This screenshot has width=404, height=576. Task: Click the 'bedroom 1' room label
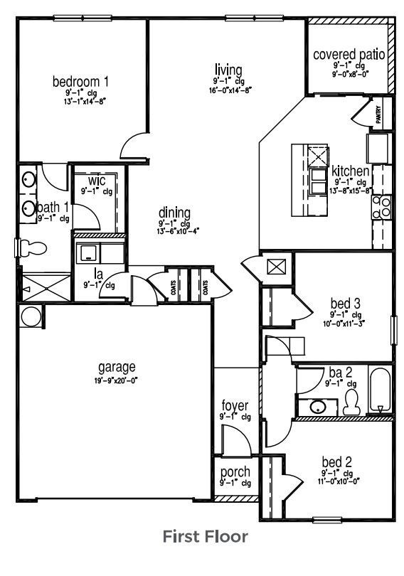point(80,80)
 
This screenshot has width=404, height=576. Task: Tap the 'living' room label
point(228,70)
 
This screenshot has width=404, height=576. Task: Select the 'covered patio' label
point(349,55)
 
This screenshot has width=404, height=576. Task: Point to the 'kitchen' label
point(350,171)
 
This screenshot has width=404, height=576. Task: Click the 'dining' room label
point(174,212)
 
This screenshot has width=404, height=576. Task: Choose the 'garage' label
point(117,368)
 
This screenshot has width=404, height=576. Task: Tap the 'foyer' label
point(234,406)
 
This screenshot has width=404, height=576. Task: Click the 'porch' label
point(234,472)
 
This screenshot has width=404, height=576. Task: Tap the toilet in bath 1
point(33,247)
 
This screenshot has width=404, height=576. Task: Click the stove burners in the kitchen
point(382,207)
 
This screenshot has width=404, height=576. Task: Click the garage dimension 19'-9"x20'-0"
point(117,380)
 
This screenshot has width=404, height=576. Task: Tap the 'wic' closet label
point(97,179)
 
